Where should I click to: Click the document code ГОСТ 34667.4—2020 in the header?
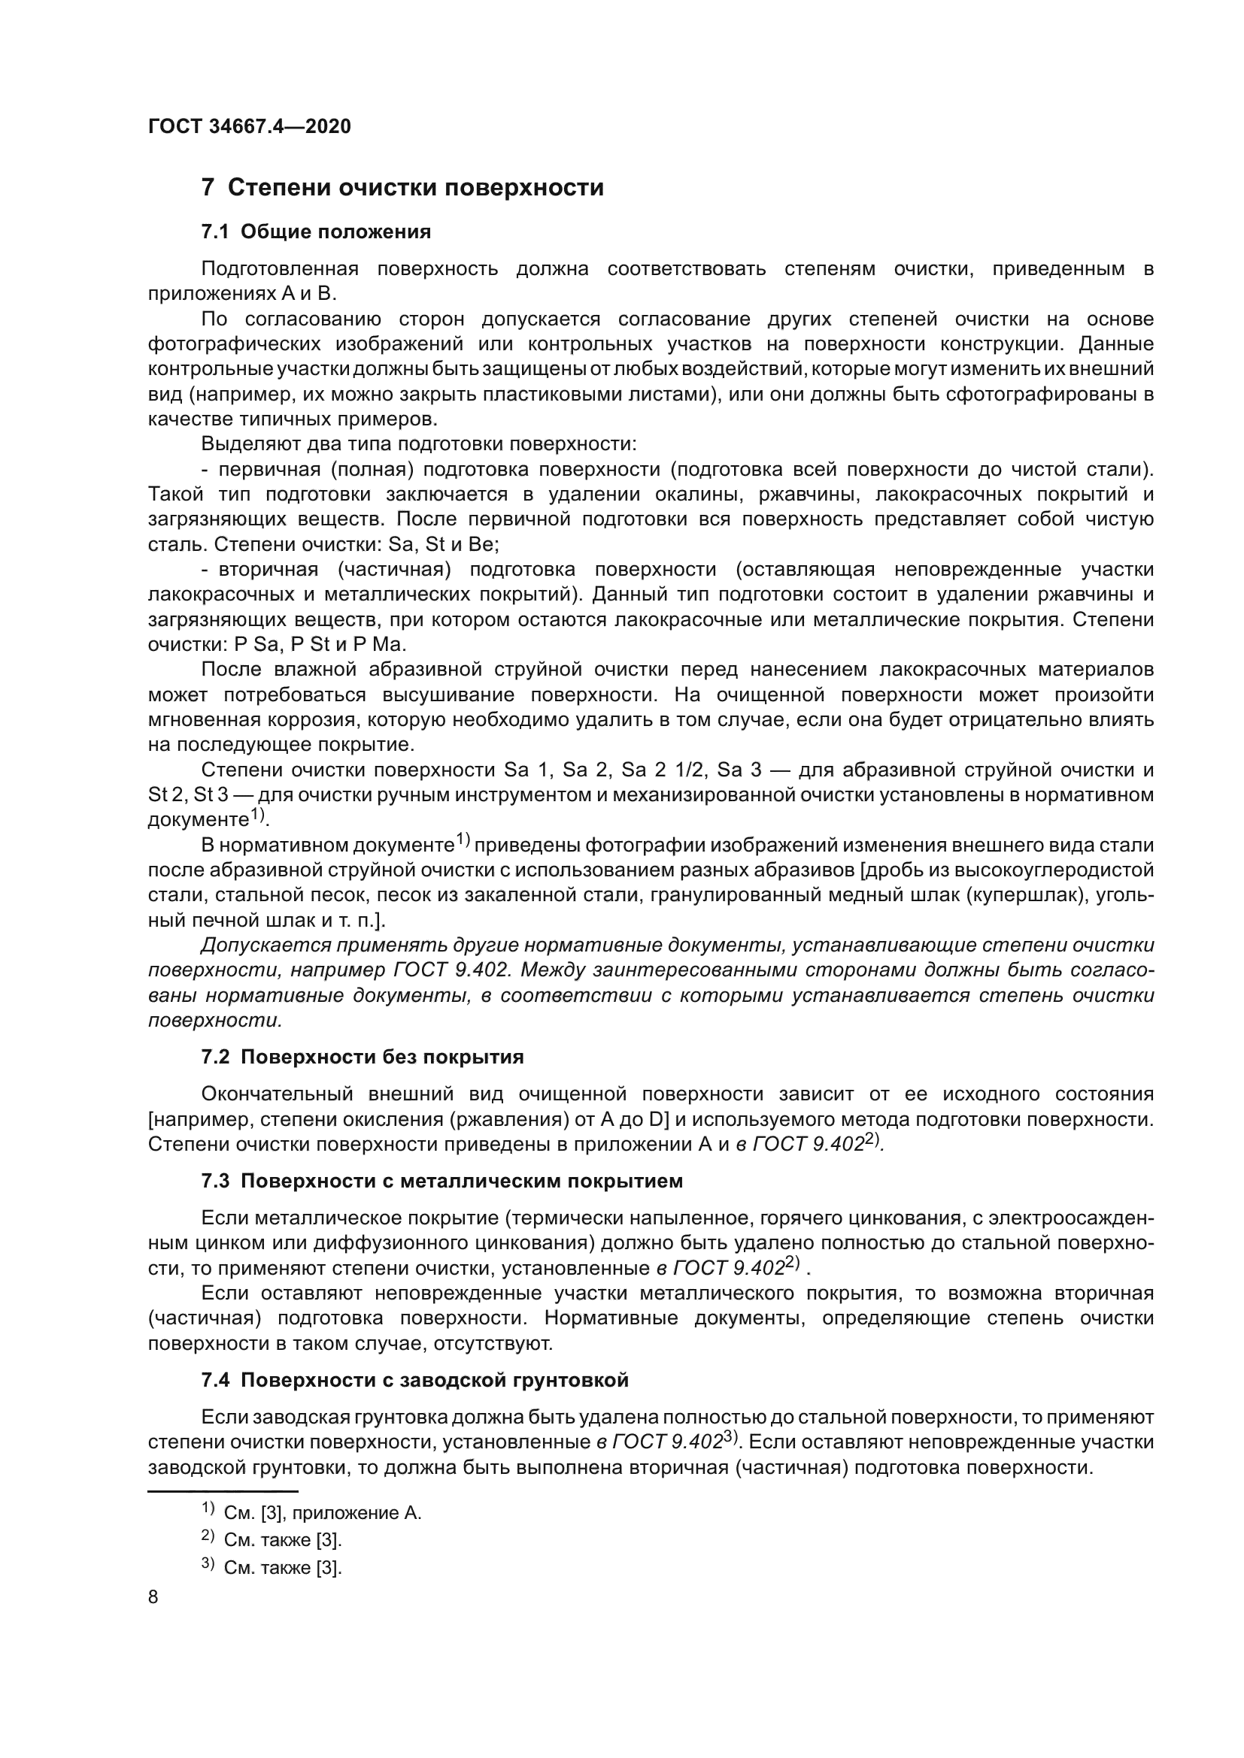249,126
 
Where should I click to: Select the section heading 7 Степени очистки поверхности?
402,188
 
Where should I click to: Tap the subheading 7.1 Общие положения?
316,231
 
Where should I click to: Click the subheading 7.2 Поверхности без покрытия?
363,1058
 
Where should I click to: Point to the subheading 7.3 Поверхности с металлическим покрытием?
442,1182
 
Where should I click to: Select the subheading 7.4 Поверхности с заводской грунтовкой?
414,1381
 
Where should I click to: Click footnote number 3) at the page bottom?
208,1563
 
